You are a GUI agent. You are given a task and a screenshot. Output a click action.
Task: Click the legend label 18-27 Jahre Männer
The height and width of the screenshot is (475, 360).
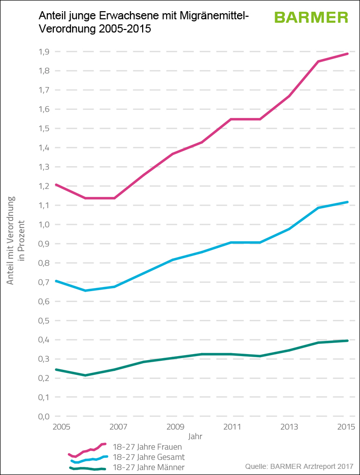pyautogui.click(x=148, y=467)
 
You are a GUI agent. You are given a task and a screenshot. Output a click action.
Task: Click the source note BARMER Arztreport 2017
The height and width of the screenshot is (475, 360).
pyautogui.click(x=299, y=466)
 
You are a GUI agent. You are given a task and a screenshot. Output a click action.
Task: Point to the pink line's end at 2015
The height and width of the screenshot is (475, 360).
pyautogui.click(x=348, y=53)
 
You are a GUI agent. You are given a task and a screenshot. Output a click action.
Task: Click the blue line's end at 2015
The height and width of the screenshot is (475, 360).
pyautogui.click(x=348, y=202)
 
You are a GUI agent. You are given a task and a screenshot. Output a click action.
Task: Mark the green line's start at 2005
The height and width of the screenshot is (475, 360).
pyautogui.click(x=56, y=369)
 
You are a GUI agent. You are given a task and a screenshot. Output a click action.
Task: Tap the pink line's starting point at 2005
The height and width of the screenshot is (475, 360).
pyautogui.click(x=56, y=184)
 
